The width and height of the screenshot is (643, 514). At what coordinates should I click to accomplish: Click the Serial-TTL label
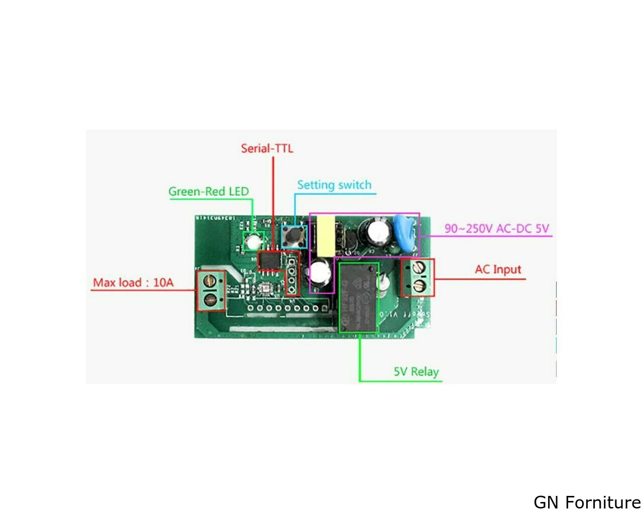pyautogui.click(x=267, y=149)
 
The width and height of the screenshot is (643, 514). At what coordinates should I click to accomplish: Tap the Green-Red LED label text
pyautogui.click(x=208, y=191)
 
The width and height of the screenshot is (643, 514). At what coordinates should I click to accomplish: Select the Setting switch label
pyautogui.click(x=334, y=185)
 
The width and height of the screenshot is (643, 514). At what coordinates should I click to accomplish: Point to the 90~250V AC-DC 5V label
pyautogui.click(x=496, y=229)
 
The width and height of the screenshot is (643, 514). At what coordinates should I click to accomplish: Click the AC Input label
pyautogui.click(x=498, y=270)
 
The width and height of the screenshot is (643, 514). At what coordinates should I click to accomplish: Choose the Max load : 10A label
pyautogui.click(x=133, y=283)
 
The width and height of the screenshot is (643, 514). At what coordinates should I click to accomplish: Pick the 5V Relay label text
pyautogui.click(x=416, y=372)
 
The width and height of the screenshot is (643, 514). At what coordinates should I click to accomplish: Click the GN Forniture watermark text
pyautogui.click(x=587, y=502)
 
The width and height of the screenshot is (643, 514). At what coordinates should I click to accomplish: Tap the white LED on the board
pyautogui.click(x=253, y=242)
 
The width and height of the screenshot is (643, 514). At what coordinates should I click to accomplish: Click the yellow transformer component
pyautogui.click(x=325, y=236)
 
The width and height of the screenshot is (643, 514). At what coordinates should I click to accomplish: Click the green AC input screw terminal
pyautogui.click(x=418, y=278)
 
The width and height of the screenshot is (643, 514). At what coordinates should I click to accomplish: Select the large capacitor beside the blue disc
pyautogui.click(x=380, y=231)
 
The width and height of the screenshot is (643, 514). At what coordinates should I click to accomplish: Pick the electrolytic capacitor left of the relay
pyautogui.click(x=319, y=274)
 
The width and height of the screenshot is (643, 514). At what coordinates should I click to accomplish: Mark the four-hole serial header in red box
pyautogui.click(x=291, y=275)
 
